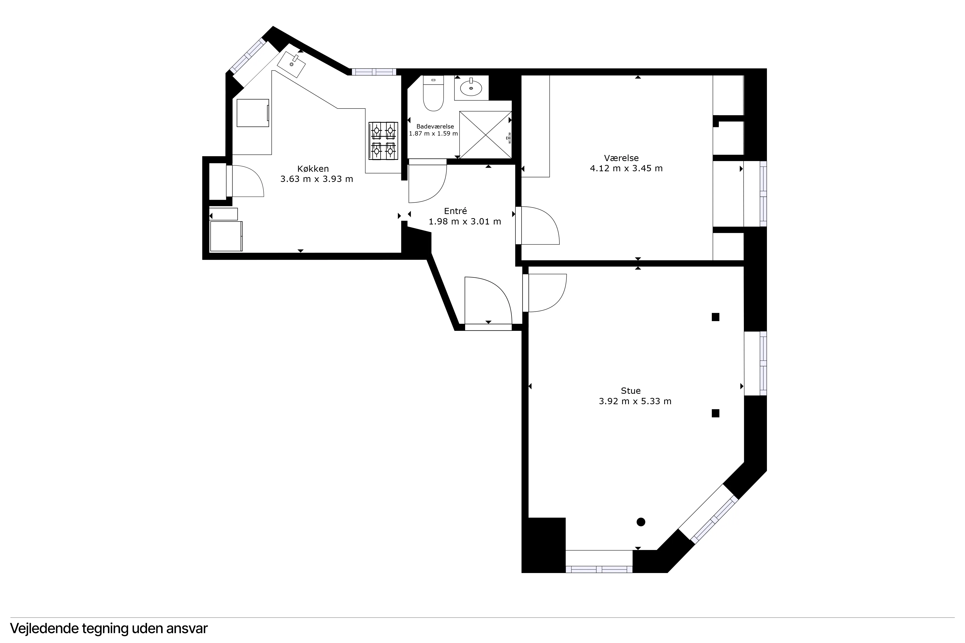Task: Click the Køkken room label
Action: coord(313,169)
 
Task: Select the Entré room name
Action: coord(456,211)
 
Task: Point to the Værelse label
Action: coord(621,158)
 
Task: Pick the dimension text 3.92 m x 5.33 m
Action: coord(635,401)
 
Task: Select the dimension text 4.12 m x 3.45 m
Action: coord(626,168)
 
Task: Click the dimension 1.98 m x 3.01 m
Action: coord(465,222)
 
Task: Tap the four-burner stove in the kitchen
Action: coord(383,141)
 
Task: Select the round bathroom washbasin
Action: coord(471,87)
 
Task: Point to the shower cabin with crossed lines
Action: coord(486,135)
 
